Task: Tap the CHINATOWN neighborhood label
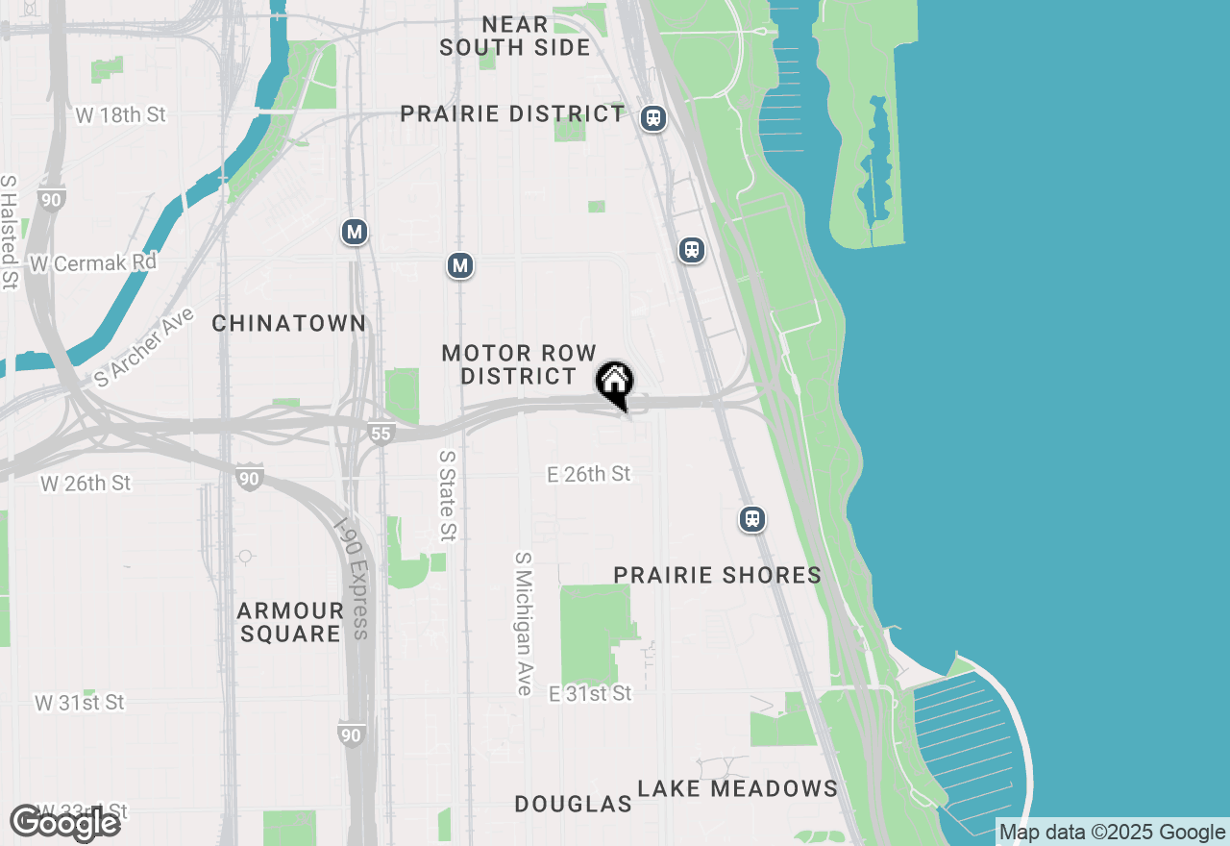(x=289, y=323)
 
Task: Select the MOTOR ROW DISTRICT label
(x=519, y=365)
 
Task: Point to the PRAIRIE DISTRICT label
(x=513, y=113)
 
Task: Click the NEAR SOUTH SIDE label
(x=515, y=36)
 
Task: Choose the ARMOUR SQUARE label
(x=290, y=622)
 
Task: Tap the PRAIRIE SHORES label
(x=717, y=575)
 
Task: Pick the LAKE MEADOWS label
(x=737, y=789)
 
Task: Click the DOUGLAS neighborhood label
(x=573, y=804)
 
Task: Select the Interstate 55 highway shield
(x=381, y=434)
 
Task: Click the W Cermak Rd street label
(x=93, y=262)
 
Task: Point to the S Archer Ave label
(x=145, y=347)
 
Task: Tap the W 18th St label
(x=120, y=115)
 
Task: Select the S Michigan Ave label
(x=524, y=623)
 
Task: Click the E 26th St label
(x=589, y=474)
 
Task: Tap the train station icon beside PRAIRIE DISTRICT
(x=653, y=118)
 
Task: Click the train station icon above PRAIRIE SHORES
(x=752, y=519)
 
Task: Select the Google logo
(x=64, y=824)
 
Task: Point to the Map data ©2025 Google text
(x=1112, y=833)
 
